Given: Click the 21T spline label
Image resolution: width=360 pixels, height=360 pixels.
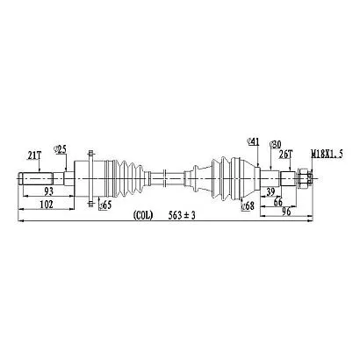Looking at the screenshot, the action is (x=34, y=156).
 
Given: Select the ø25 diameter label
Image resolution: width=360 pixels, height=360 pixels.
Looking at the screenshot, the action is (x=60, y=149).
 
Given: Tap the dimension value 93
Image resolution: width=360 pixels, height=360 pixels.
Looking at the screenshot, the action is (x=49, y=191).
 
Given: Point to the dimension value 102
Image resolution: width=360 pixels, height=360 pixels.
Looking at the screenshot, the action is (x=47, y=204).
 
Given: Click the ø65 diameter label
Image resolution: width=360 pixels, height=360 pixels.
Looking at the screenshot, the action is (x=105, y=205).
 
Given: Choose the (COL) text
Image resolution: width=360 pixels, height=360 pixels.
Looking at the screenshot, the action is (x=143, y=216).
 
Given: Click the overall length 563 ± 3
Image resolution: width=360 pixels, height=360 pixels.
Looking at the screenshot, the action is (x=182, y=216).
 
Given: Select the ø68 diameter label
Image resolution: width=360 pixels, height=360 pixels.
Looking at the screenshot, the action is (x=248, y=206).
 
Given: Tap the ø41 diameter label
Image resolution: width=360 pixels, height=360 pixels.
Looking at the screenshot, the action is (x=253, y=142).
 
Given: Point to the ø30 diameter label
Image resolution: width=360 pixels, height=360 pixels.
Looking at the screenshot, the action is (x=275, y=144).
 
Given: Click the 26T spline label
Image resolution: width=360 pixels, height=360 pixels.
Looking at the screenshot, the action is (x=284, y=155).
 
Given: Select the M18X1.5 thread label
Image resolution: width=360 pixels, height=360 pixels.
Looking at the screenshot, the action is (x=327, y=154).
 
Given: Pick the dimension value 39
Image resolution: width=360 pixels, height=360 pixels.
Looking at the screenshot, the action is (x=270, y=192).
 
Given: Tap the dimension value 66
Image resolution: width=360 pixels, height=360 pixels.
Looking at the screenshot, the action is (x=278, y=202).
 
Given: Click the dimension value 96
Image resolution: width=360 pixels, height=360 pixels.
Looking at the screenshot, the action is (x=285, y=212).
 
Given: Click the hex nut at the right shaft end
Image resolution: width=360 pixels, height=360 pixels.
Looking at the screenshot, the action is (x=303, y=178).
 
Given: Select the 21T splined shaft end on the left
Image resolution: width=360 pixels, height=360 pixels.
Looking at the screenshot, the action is (x=35, y=178).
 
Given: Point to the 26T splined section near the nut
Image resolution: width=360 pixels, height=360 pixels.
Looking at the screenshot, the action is (x=288, y=178).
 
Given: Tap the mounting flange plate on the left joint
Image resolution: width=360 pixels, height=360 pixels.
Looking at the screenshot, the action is (x=90, y=178).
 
